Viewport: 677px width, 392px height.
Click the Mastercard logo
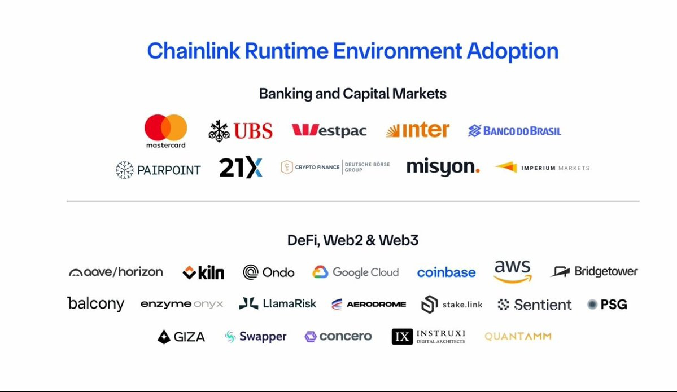pos(166,131)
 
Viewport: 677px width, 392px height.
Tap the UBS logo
pos(241,131)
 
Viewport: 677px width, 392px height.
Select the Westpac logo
pos(329,130)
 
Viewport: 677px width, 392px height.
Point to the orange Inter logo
pos(417,129)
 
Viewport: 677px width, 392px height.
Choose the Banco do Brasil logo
pos(514,131)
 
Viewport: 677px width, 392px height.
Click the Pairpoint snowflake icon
pos(124,170)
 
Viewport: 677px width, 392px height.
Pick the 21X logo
pos(241,168)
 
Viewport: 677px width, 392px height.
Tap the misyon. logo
pos(443,168)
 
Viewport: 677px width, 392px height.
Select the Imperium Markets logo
pos(542,168)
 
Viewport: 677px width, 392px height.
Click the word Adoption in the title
pos(513,51)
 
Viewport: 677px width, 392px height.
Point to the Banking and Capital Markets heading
pos(353,94)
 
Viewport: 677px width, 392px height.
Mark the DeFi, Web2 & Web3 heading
pos(353,240)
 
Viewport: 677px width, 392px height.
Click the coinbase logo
pos(447,272)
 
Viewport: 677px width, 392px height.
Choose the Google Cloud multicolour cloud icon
pos(320,272)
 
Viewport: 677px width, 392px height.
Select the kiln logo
pos(203,272)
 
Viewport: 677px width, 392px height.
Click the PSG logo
pos(607,305)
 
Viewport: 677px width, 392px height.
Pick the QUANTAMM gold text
pos(518,336)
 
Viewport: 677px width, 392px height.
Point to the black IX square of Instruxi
pos(402,336)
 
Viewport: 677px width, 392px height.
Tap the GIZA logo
pos(181,337)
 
